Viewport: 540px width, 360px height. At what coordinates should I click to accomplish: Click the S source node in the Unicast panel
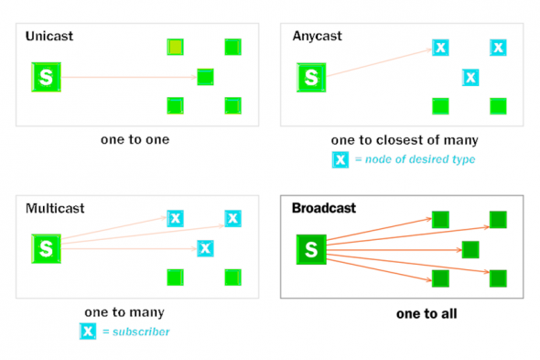click(x=46, y=77)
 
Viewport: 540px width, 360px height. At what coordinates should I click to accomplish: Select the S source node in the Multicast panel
click(x=46, y=247)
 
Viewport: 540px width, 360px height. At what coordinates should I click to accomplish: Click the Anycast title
click(x=318, y=37)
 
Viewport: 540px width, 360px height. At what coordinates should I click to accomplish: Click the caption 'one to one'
click(x=135, y=140)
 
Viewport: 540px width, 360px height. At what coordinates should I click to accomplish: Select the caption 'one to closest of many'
click(x=404, y=140)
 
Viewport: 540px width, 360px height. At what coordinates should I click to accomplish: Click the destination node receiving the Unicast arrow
click(x=205, y=77)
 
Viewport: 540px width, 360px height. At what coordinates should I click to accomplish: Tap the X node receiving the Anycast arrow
click(x=440, y=47)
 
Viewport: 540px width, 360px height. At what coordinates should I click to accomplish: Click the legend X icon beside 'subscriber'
click(x=88, y=331)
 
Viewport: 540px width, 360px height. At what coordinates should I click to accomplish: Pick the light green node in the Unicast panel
click(x=175, y=47)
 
